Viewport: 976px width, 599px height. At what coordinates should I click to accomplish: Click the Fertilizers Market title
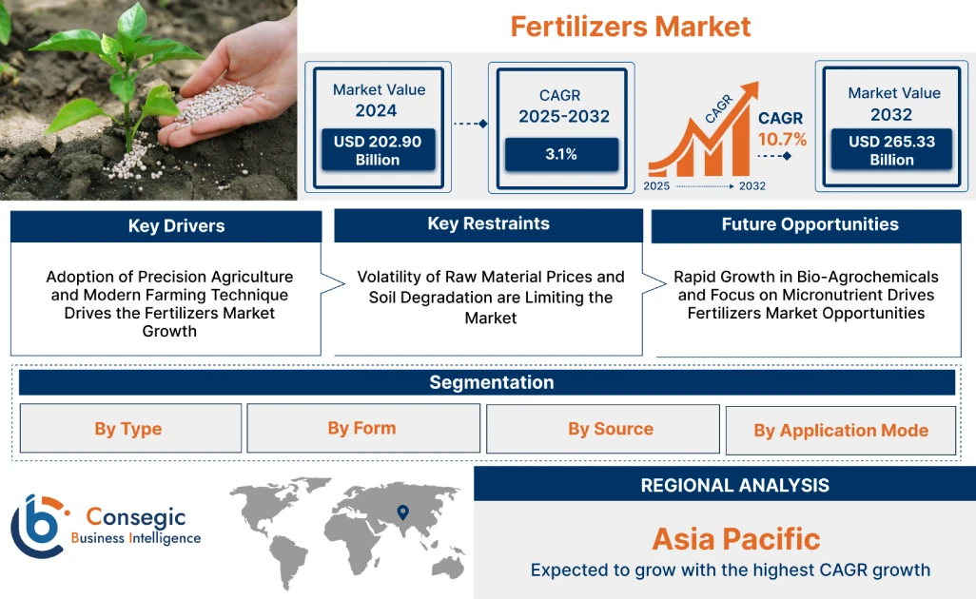(x=630, y=26)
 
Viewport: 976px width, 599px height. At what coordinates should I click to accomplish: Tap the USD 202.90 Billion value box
(x=378, y=150)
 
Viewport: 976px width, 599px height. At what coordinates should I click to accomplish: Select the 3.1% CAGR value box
(x=561, y=154)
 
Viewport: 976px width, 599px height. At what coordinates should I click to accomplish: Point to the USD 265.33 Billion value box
(x=891, y=150)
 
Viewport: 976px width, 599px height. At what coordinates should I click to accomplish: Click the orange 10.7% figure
(x=782, y=140)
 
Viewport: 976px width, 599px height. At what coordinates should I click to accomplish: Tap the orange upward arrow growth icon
(x=704, y=133)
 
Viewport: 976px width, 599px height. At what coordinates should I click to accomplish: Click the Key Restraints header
(x=488, y=224)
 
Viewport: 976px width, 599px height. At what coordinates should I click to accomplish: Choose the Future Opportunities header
(x=810, y=225)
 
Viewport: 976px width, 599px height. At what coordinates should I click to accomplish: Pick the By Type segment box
(x=128, y=429)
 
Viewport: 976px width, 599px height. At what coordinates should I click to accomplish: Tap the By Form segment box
(x=361, y=428)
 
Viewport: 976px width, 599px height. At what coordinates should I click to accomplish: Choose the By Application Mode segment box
(x=841, y=431)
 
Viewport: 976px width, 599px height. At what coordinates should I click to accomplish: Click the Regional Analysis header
(x=734, y=485)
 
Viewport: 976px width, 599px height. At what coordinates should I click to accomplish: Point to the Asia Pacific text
(x=735, y=539)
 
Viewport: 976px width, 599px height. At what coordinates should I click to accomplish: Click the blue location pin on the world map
(x=403, y=513)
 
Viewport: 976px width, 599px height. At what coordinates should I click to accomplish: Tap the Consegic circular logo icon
(x=38, y=525)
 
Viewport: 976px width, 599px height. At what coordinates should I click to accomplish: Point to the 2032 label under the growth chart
(x=752, y=186)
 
